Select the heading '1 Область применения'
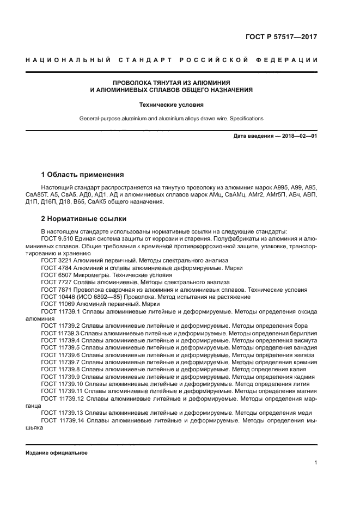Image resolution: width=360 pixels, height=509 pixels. pos(82,175)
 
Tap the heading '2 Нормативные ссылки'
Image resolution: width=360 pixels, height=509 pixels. pos(84,219)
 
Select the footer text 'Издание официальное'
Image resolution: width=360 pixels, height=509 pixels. pos(57,453)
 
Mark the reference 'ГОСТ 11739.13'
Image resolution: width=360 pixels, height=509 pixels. pos(62,412)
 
